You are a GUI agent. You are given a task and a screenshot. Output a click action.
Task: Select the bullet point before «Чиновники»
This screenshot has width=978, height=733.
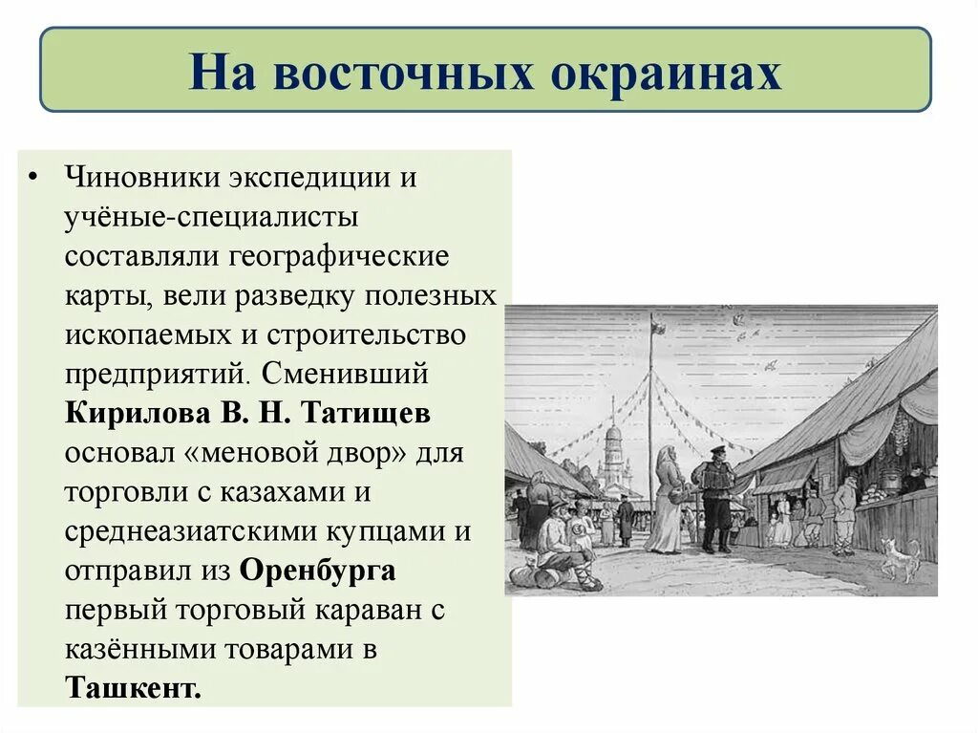35,179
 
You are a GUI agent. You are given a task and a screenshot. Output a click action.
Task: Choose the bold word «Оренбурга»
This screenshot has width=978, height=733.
318,571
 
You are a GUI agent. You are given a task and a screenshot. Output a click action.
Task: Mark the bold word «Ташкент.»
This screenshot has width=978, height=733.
134,687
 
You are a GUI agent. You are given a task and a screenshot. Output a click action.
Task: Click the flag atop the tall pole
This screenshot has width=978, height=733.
659,327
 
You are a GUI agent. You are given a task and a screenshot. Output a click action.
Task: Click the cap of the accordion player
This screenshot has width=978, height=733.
717,449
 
